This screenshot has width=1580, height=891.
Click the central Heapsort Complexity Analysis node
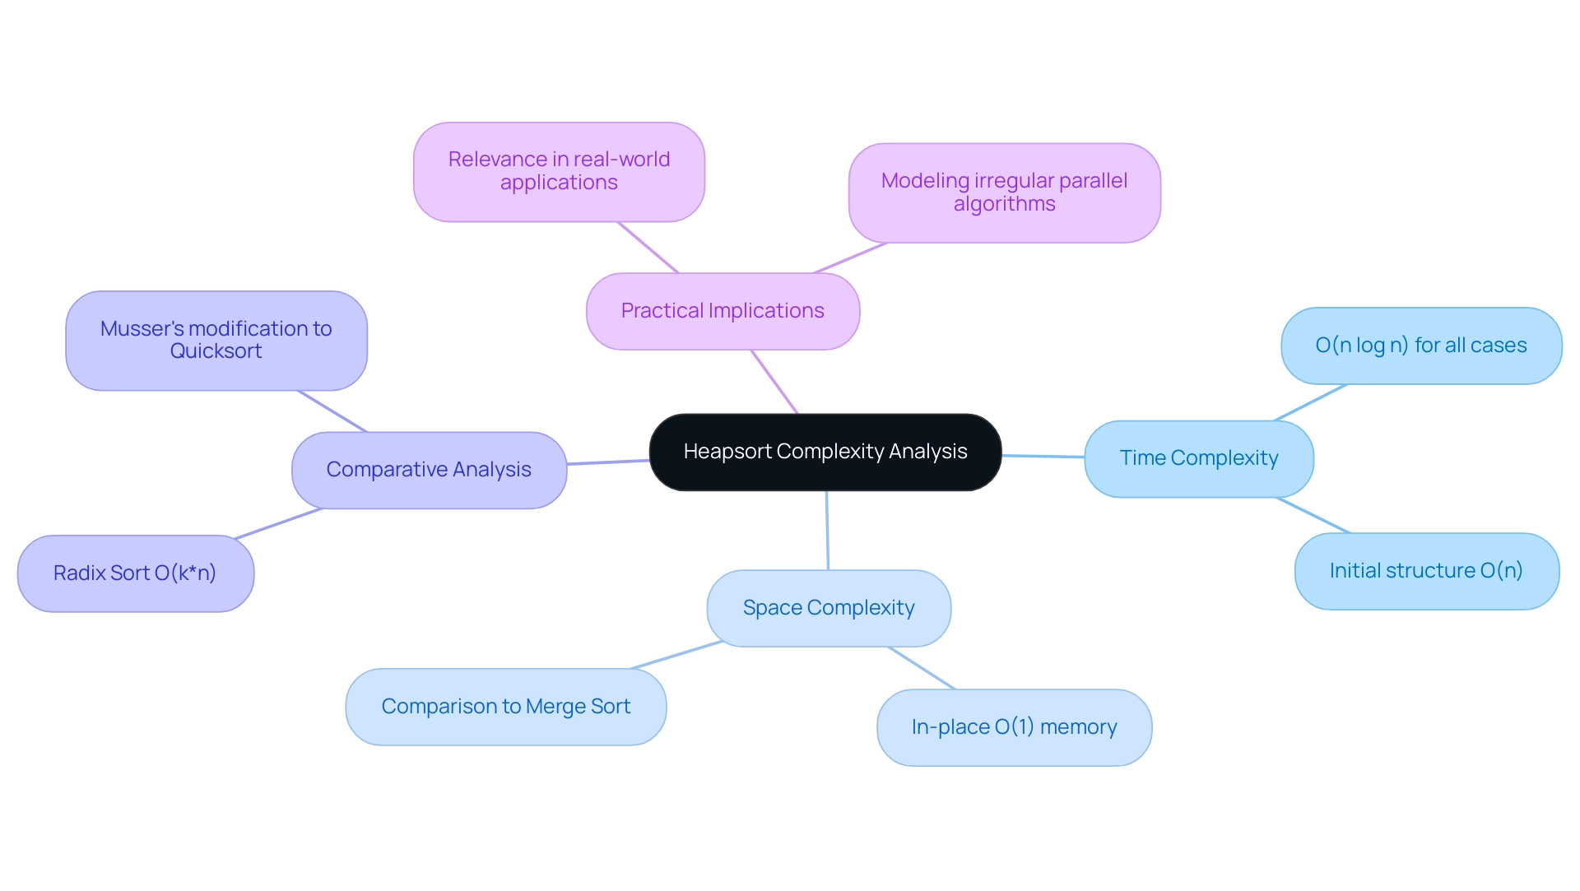[x=825, y=452]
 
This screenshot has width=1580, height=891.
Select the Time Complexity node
[x=1198, y=458]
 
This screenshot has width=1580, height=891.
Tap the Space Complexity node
[x=828, y=608]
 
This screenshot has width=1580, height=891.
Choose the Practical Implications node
[x=723, y=311]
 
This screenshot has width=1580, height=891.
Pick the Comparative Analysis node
[x=429, y=470]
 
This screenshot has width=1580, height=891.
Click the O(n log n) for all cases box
[x=1420, y=346]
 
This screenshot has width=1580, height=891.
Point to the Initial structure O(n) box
[x=1426, y=571]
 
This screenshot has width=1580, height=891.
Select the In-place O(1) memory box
[x=1014, y=727]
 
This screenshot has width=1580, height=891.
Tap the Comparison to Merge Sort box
[x=505, y=707]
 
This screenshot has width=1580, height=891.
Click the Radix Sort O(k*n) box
[x=135, y=573]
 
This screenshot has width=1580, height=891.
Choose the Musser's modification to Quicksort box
[x=216, y=340]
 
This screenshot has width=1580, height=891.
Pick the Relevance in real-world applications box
[x=559, y=171]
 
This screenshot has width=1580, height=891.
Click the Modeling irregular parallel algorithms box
[x=1004, y=193]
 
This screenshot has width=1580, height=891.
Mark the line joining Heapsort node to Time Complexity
[x=1043, y=456]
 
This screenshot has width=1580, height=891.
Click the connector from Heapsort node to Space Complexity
[x=827, y=531]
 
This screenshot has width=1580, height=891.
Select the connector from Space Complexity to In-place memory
[x=922, y=668]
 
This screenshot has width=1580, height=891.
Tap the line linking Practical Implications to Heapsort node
[x=774, y=382]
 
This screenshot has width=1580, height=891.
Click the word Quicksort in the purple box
[x=216, y=351]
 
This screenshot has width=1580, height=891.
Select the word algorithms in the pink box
[x=1004, y=204]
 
